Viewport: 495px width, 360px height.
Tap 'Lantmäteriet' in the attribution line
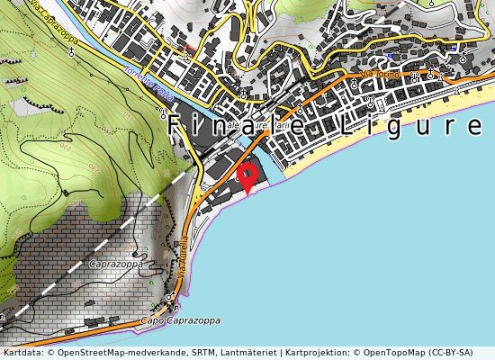coord(243,352)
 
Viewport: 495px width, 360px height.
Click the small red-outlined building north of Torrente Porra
coord(188,47)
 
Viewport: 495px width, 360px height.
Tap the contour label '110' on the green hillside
coord(126,118)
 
